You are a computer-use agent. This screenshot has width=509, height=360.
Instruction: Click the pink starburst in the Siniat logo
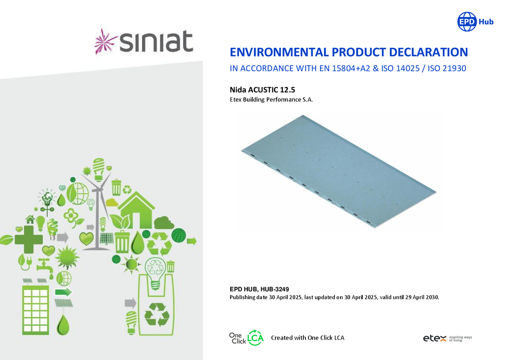[105, 41]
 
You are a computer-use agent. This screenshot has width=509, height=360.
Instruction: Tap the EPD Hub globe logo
[467, 22]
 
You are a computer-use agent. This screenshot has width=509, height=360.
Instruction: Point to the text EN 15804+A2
[351, 69]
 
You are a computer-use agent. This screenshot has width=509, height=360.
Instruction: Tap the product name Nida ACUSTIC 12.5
[262, 90]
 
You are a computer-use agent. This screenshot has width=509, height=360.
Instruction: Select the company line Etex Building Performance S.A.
[271, 100]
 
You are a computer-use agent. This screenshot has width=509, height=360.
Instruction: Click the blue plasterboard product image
[339, 172]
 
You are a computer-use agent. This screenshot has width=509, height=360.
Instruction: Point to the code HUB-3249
[275, 289]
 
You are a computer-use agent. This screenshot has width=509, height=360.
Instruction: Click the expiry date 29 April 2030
[422, 297]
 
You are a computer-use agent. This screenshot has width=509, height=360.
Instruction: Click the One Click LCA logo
[246, 338]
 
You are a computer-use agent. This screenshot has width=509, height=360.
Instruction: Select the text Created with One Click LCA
[308, 338]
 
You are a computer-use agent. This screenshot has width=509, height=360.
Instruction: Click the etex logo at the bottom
[447, 339]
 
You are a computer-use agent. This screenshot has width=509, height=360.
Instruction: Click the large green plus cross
[29, 239]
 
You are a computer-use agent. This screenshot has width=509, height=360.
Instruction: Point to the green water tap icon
[45, 267]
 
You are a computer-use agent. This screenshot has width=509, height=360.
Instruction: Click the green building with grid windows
[36, 310]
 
